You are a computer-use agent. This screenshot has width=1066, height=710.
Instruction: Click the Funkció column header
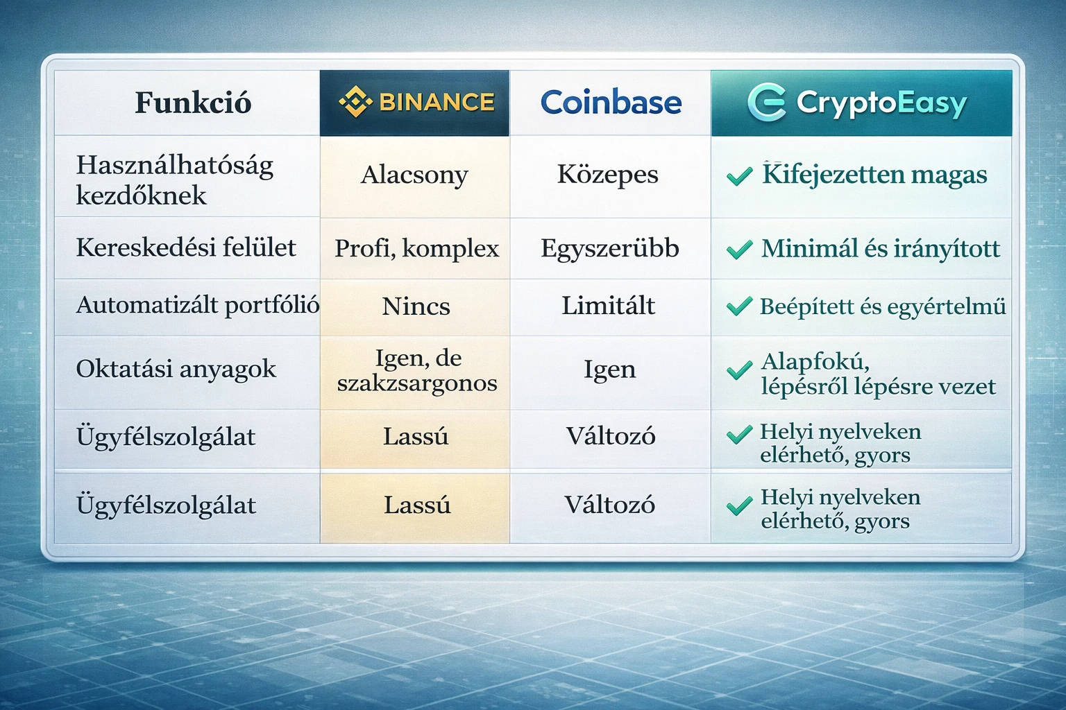point(192,103)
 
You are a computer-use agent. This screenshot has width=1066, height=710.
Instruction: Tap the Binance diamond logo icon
point(355,102)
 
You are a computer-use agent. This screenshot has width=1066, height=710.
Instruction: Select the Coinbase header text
point(611,103)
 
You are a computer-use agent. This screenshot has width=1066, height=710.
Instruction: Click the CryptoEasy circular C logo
point(767,103)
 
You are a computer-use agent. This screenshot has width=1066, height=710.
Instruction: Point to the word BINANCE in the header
point(437,103)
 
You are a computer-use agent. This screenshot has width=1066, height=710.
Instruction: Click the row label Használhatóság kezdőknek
point(174,180)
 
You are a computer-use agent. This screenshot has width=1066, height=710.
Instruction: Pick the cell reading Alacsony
point(414,175)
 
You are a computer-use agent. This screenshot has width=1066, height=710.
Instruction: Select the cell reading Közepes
point(607,175)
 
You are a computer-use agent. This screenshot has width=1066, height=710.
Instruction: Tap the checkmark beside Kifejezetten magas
point(739,176)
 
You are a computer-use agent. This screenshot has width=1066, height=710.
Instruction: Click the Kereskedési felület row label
point(186,248)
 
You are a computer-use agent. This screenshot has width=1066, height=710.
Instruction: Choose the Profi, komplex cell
point(416,248)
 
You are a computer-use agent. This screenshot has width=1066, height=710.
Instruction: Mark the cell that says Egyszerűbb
point(609,248)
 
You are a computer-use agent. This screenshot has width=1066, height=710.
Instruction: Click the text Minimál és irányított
point(880,248)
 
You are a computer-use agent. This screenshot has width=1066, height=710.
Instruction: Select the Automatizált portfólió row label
point(197,305)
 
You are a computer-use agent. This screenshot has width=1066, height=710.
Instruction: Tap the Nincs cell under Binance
point(416,306)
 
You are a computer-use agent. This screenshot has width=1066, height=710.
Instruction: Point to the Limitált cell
point(608,306)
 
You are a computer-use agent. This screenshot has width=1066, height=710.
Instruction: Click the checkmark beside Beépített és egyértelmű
point(739,306)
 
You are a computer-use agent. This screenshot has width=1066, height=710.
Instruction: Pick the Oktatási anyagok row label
point(176,369)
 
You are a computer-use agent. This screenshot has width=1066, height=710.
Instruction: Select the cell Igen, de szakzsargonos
point(417,370)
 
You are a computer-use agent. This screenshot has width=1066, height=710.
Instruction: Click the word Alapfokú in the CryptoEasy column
point(815,361)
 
